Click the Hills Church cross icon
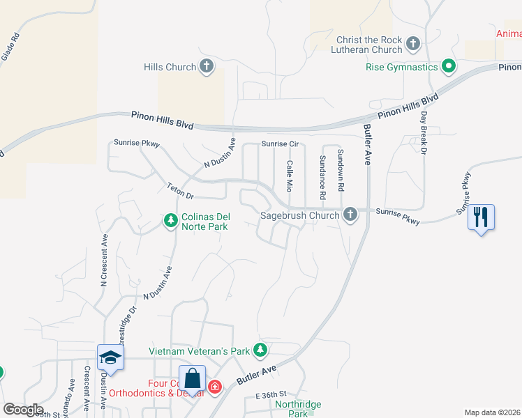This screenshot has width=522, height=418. (x=206, y=67)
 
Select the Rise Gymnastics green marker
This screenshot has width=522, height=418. (x=449, y=67)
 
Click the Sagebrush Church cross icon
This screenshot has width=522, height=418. (x=350, y=215)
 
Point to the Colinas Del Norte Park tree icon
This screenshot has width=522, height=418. (x=170, y=221)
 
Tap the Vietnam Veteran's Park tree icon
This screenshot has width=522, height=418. (x=260, y=350)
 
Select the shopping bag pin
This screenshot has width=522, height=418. (x=193, y=380)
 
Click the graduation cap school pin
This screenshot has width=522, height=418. (x=110, y=359)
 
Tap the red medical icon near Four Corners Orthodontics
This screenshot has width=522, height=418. (x=215, y=385)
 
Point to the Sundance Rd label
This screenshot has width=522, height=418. (x=323, y=173)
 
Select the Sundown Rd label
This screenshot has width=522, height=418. (x=341, y=170)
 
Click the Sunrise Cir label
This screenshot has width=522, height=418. (x=280, y=144)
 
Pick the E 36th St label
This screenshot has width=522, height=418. (x=271, y=396)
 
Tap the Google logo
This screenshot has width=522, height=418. (x=23, y=410)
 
